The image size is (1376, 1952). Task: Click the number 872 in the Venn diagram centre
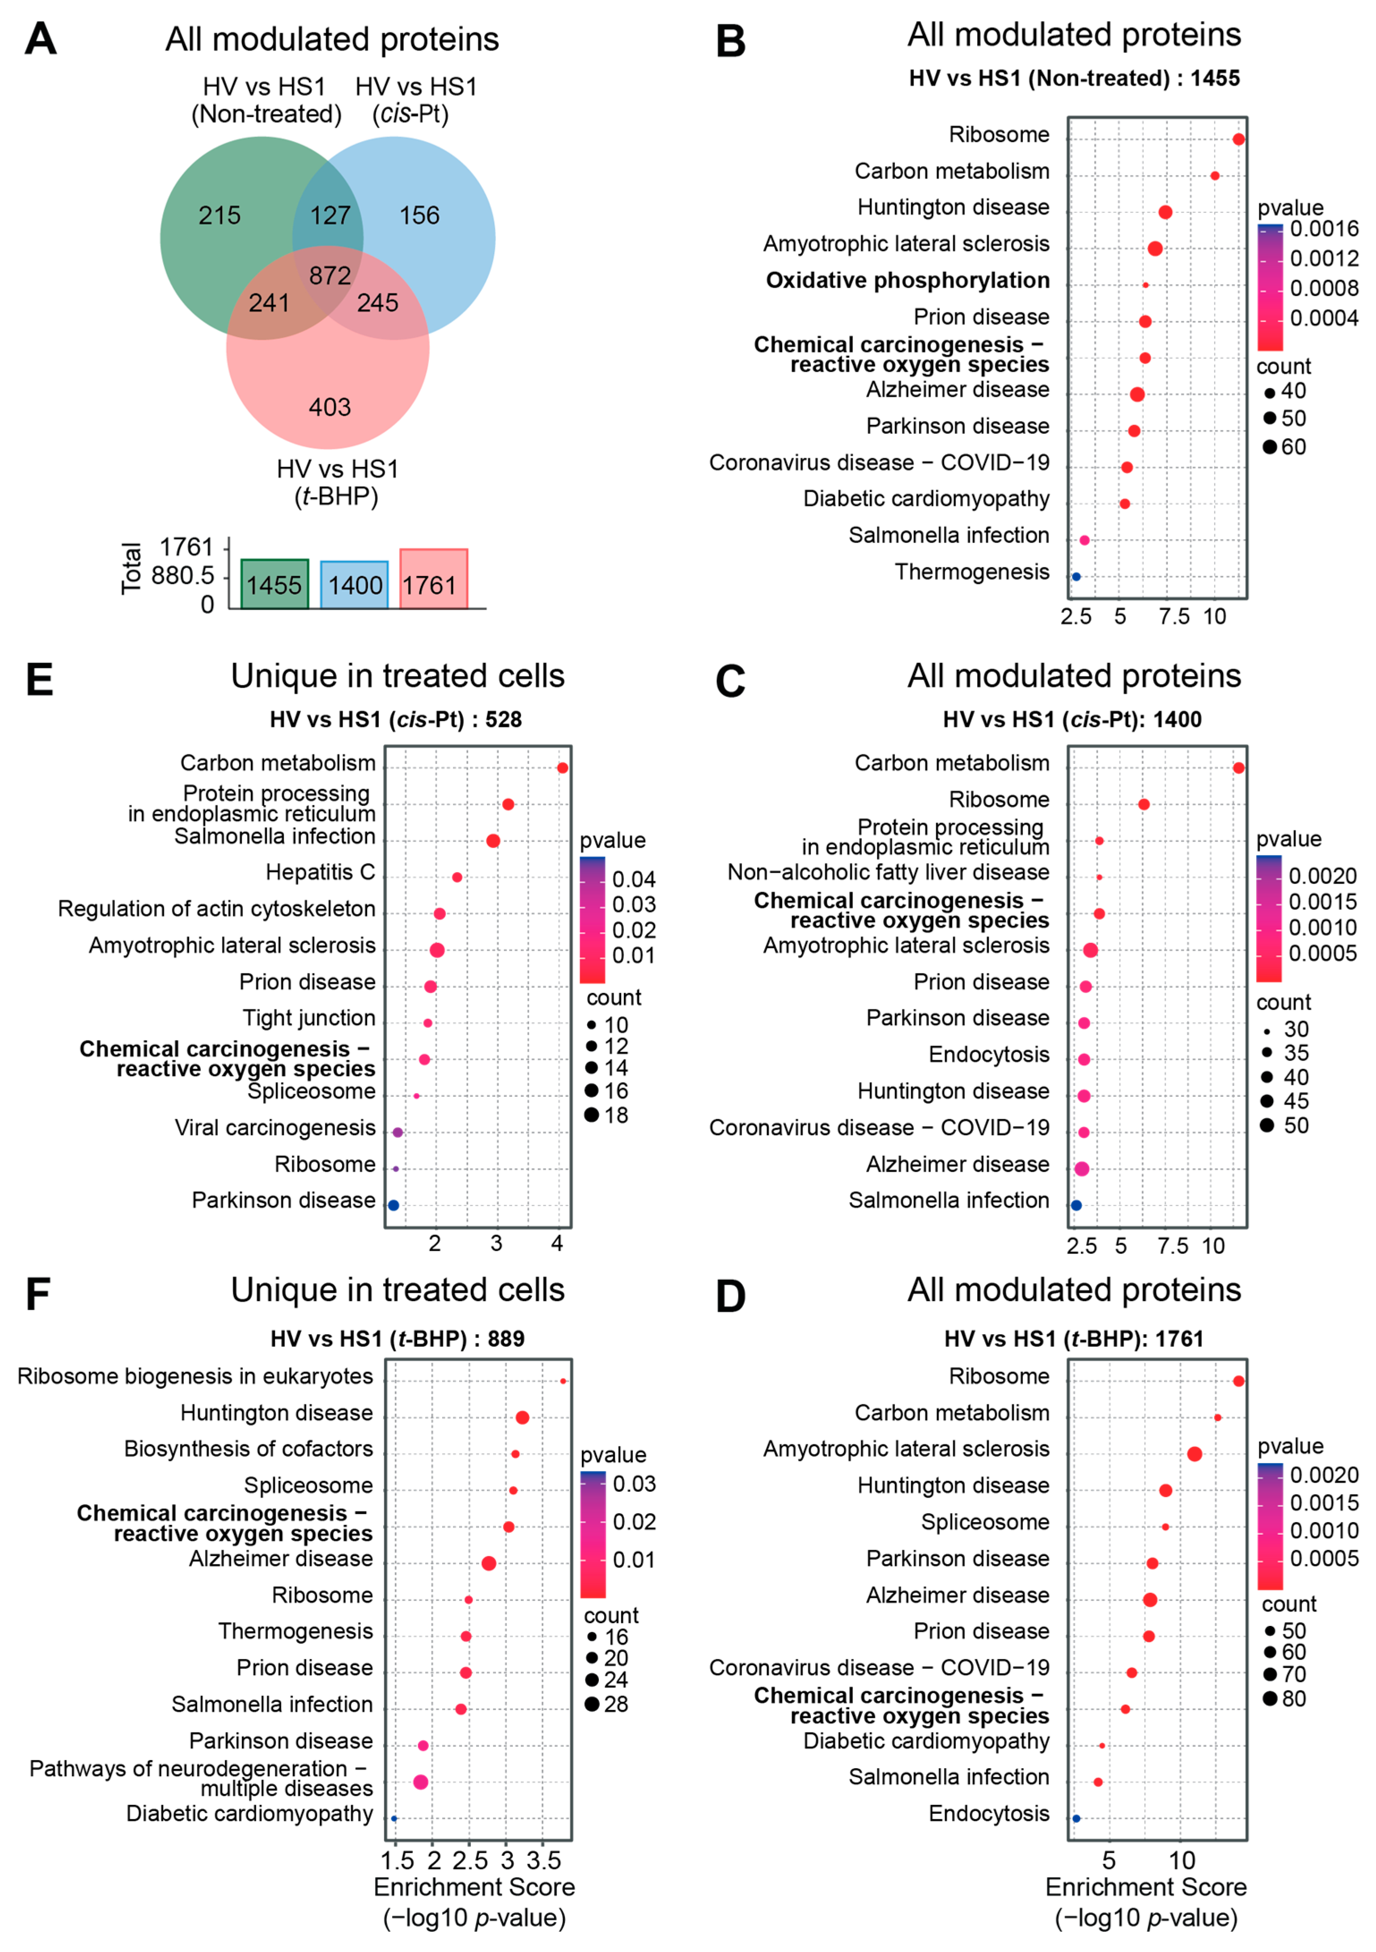click(330, 276)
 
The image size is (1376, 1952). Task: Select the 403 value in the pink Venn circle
click(330, 407)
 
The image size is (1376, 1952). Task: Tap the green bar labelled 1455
click(275, 585)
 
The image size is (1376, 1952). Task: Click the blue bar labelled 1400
click(355, 586)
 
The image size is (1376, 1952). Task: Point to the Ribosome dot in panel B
click(1238, 140)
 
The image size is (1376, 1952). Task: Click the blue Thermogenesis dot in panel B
click(1076, 577)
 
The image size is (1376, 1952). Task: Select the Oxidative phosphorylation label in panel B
click(908, 280)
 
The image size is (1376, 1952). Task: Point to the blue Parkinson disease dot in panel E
click(394, 1205)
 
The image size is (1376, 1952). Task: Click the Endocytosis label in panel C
click(988, 1055)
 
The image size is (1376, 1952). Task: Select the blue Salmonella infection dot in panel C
click(1076, 1205)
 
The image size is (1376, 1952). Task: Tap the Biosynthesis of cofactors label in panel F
click(248, 1449)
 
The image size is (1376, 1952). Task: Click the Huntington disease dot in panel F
click(523, 1417)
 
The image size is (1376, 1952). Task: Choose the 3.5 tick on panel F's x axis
click(544, 1862)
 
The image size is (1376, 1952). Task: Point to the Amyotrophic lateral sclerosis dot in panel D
click(1194, 1454)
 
